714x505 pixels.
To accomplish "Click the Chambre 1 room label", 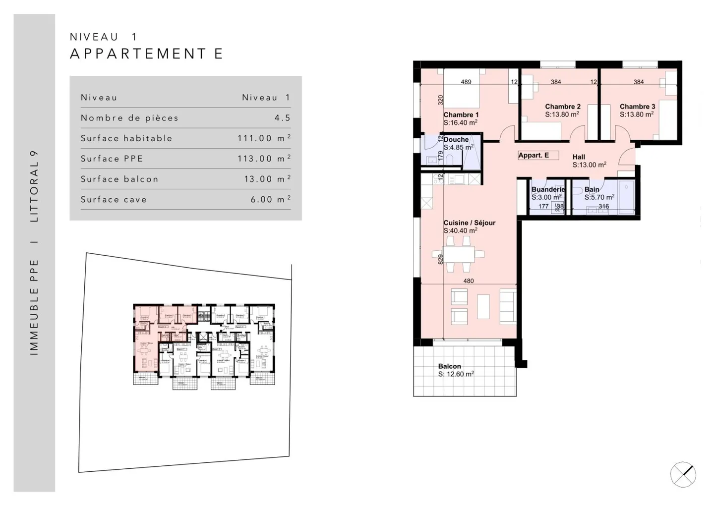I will coord(461,114).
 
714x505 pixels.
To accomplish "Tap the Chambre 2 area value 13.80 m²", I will coord(562,114).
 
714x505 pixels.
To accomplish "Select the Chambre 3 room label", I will coord(637,107).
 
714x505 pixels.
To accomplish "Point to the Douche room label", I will coord(456,139).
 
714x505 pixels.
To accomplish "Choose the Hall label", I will coord(579,157).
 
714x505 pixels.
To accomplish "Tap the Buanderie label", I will coord(548,189).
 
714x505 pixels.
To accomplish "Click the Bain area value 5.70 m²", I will coord(599,197).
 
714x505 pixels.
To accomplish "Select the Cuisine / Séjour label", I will coord(469,223).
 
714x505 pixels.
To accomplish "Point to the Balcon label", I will coord(449,366).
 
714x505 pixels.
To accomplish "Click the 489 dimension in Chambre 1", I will coord(466,82).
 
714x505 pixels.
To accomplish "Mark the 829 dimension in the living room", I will coord(440,259).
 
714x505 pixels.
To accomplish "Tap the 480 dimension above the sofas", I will coord(468,281).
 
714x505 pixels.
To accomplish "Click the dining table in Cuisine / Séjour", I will coord(459,254).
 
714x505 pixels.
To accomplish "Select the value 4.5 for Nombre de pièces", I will coord(282,118).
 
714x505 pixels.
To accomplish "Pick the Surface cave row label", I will coord(114,199).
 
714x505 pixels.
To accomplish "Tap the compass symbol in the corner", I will coord(683,474).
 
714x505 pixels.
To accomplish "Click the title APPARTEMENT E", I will coord(147,54).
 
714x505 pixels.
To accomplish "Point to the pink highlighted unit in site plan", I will coord(146,347).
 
